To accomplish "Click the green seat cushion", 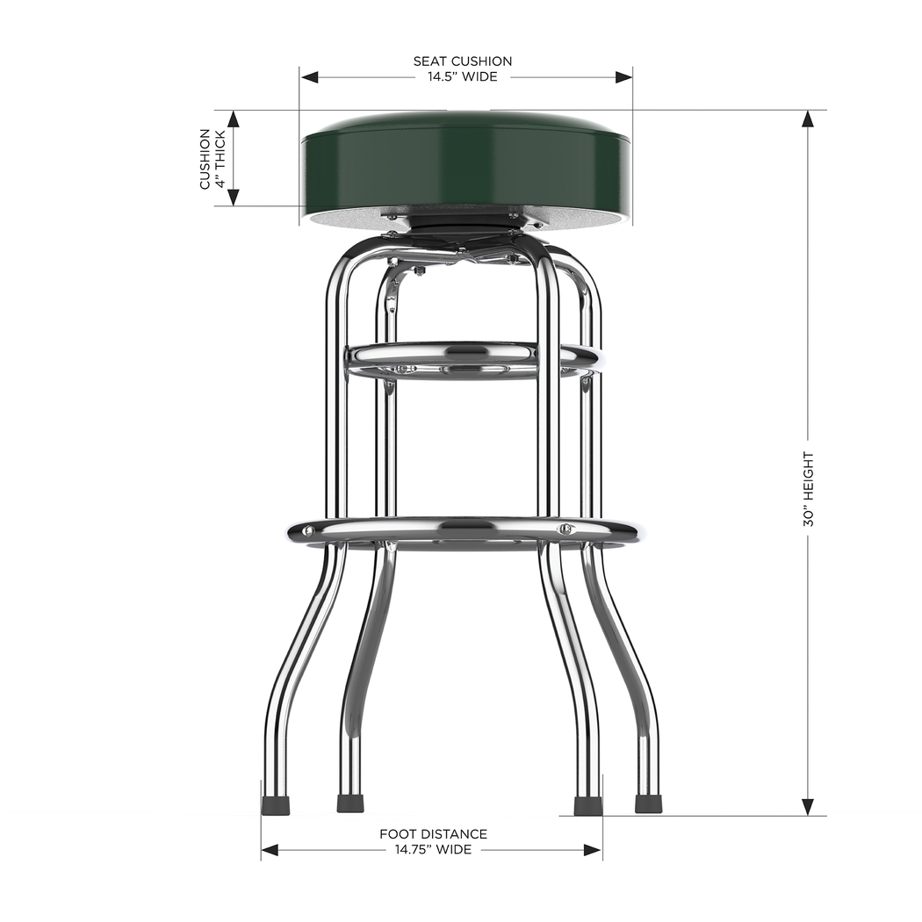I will (465, 167).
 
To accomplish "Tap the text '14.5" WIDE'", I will (462, 77).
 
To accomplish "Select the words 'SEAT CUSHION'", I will (463, 61).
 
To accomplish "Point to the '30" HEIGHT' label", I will (808, 489).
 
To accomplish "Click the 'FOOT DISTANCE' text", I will (433, 834).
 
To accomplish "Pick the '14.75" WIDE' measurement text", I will (432, 850).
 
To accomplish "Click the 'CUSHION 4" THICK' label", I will (212, 158).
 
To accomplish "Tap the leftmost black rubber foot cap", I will (275, 803).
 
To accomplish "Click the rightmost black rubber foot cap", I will (648, 803).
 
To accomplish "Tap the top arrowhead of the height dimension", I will (808, 119).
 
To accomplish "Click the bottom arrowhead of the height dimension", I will (808, 807).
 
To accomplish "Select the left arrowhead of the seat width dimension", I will (308, 77).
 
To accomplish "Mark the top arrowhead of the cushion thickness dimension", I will (234, 119).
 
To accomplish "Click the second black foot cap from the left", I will (350, 803).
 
